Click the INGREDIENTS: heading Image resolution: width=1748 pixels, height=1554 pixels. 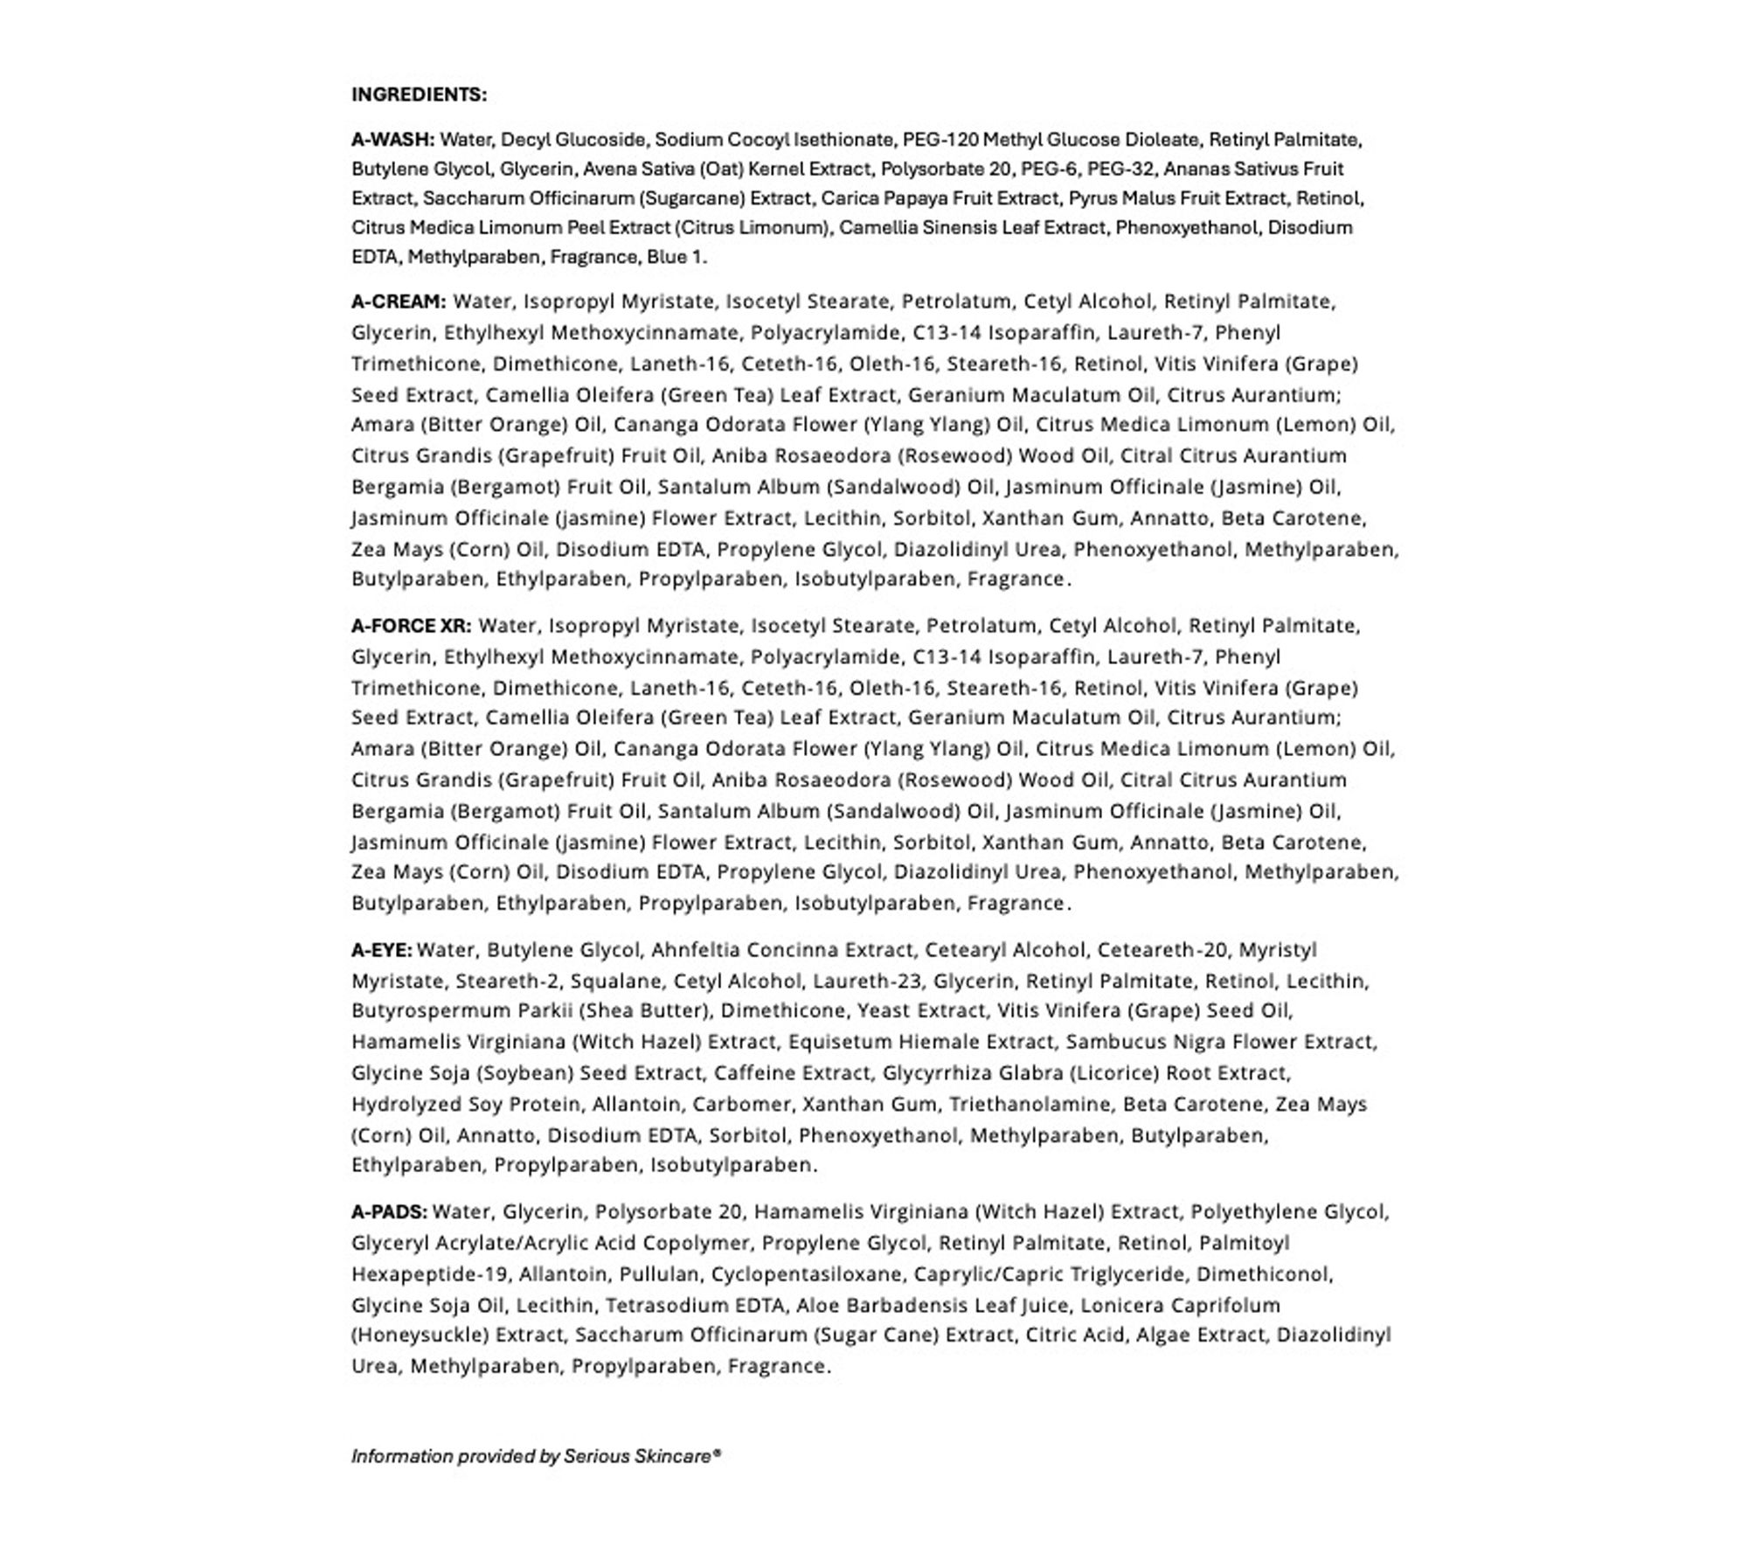coord(419,94)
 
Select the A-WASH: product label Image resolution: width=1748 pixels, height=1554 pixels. coord(392,140)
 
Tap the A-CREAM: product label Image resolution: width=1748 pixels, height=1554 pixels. coord(399,302)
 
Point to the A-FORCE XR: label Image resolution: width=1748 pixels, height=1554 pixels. coord(411,626)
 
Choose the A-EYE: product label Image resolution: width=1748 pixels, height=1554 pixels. coord(381,949)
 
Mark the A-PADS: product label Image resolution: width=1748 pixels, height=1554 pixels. coord(389,1212)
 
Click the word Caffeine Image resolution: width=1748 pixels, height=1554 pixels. coord(753,1073)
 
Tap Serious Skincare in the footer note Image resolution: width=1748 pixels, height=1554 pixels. coord(637,1456)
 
